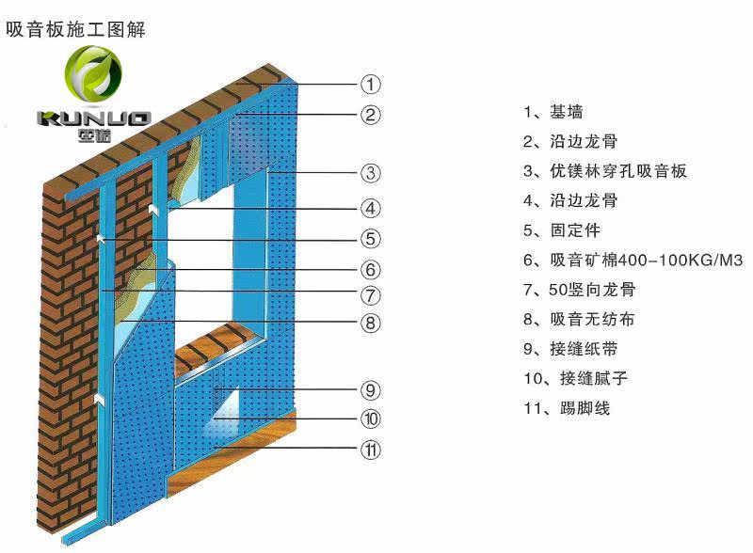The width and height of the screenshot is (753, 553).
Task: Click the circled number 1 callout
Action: click(371, 84)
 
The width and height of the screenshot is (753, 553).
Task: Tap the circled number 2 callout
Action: click(371, 115)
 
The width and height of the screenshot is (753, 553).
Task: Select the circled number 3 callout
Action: click(371, 173)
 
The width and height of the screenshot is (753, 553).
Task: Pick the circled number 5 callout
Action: click(371, 238)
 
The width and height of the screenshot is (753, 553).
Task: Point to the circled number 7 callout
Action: click(371, 294)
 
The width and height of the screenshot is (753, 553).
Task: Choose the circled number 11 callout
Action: click(371, 450)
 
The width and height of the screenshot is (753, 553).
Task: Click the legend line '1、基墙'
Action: click(553, 112)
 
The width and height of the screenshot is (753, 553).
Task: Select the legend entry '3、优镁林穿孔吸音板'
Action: click(604, 171)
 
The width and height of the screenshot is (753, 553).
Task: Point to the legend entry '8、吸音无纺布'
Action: click(578, 320)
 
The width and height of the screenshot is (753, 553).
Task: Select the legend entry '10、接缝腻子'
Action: click(575, 379)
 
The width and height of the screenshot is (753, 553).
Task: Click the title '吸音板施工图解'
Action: click(76, 30)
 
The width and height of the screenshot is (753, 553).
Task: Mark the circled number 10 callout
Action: click(371, 419)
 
